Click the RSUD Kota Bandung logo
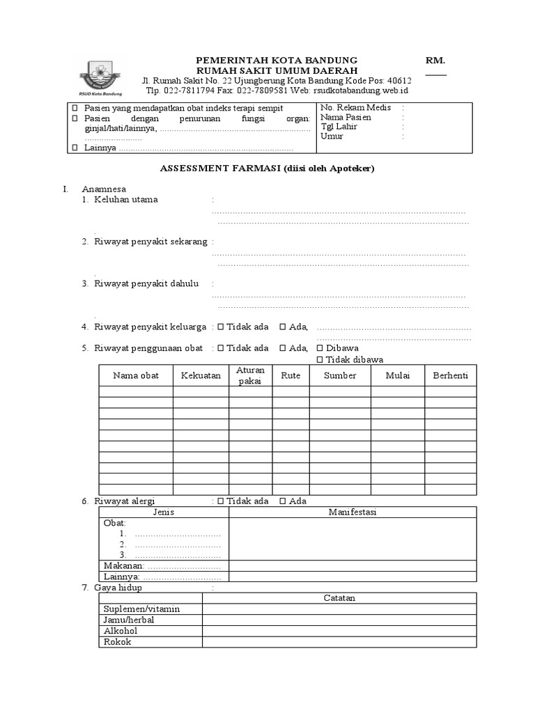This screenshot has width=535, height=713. pos(102,77)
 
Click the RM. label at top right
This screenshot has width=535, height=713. pos(435,61)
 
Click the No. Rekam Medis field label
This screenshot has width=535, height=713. pos(355,108)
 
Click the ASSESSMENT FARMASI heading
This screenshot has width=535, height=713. pos(267,169)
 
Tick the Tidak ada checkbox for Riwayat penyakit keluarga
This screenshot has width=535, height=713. pos(220,327)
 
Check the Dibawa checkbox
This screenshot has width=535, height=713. pos(320,348)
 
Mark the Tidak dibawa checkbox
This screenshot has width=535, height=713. pos(320,359)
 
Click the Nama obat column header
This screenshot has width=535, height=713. pos(136,375)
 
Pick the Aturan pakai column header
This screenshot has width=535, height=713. pos(250,375)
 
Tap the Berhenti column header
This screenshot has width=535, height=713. pos(450,375)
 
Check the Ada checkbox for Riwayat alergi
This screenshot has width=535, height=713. pos(283,501)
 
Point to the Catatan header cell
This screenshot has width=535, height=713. pos(339,598)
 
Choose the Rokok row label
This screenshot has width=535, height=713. pos(117,642)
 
